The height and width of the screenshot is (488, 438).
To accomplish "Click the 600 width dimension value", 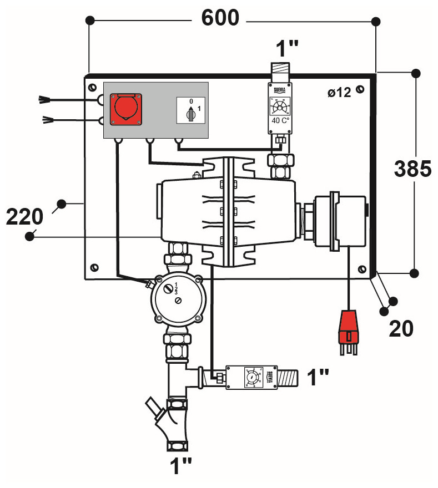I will click(x=220, y=18).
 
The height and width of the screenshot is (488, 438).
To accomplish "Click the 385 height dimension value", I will click(x=412, y=169).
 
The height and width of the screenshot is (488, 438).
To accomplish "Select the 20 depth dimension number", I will click(x=401, y=328).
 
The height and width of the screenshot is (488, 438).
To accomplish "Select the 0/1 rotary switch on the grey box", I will click(x=190, y=111).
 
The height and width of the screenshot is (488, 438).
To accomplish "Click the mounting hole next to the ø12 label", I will click(x=360, y=90).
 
